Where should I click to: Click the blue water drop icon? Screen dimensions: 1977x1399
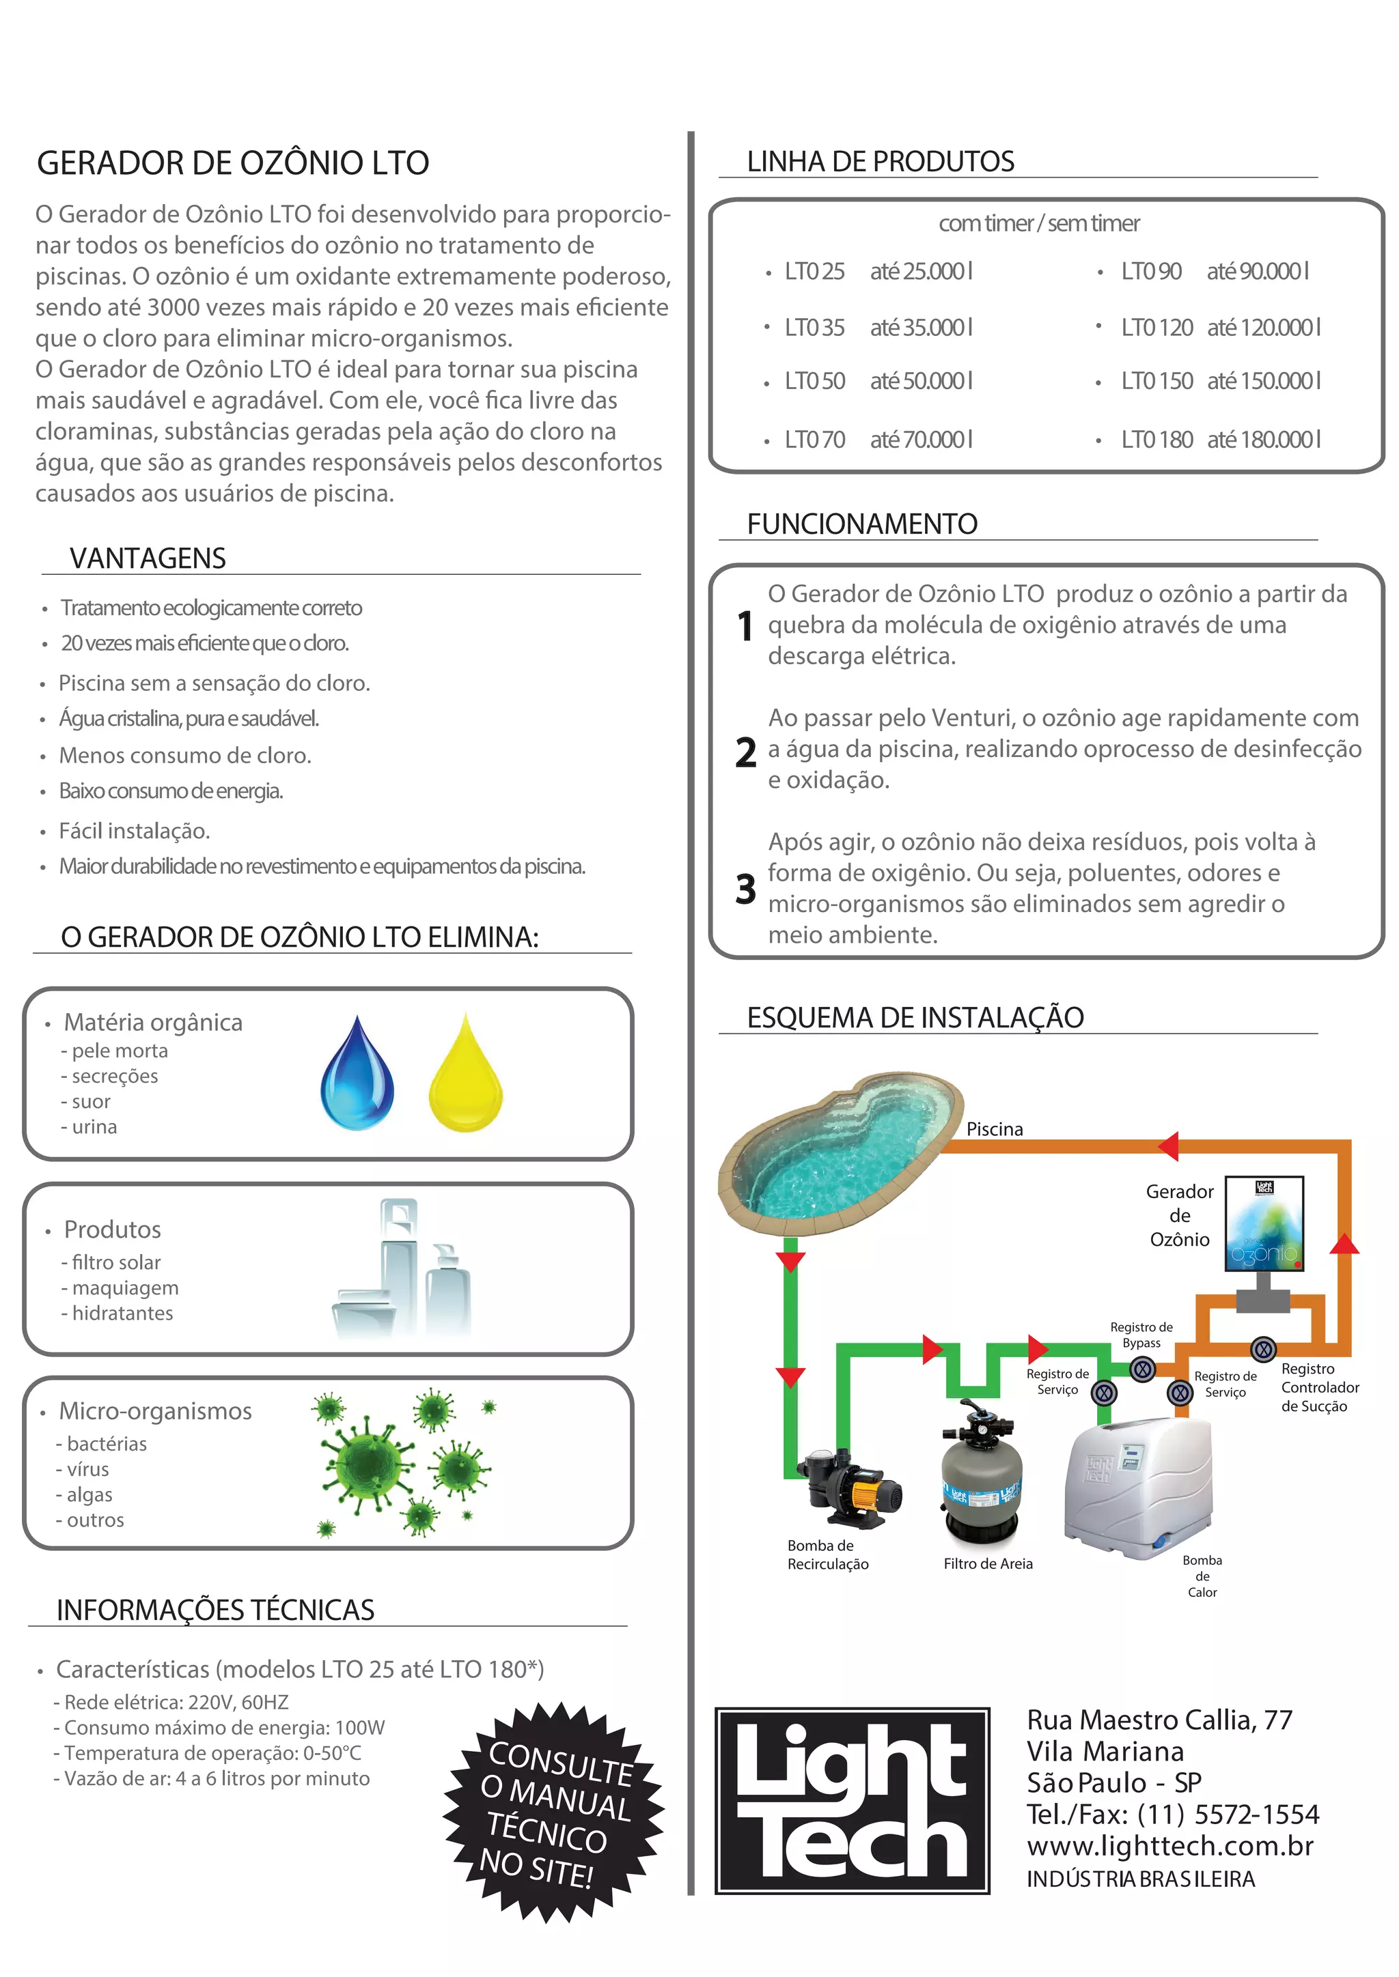click(357, 1073)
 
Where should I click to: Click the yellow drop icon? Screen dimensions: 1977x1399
click(465, 1073)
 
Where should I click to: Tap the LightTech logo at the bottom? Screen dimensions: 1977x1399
click(852, 1800)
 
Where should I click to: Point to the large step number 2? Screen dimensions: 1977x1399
click(745, 752)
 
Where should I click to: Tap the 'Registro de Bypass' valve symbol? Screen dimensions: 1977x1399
click(1142, 1369)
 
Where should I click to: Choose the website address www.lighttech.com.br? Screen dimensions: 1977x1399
click(1170, 1845)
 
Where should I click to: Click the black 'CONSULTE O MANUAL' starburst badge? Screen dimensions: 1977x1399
click(554, 1812)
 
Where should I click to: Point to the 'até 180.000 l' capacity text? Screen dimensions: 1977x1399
click(1263, 440)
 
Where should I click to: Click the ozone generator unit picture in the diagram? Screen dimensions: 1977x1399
click(1264, 1223)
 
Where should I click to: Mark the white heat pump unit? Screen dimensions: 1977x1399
click(1139, 1490)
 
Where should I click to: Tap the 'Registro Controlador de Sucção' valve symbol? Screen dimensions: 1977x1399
click(1263, 1348)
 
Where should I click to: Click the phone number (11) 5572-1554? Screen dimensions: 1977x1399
click(1228, 1815)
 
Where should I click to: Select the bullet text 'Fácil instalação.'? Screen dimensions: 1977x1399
click(135, 831)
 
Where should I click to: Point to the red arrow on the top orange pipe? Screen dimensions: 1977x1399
click(1169, 1146)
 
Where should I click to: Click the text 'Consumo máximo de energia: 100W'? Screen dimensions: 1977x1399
click(224, 1727)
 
